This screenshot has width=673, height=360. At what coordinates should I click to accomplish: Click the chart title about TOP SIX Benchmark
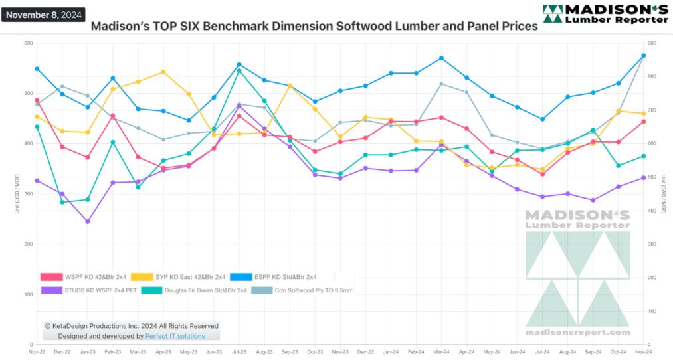(x=314, y=27)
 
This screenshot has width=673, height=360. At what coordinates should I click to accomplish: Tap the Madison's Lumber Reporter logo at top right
(x=605, y=14)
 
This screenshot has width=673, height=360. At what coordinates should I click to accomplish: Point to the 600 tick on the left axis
(x=29, y=43)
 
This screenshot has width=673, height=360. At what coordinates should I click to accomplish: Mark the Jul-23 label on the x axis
(x=239, y=352)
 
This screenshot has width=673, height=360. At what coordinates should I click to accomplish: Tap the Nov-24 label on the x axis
(x=643, y=352)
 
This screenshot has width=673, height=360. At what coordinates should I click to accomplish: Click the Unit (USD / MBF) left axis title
(x=17, y=194)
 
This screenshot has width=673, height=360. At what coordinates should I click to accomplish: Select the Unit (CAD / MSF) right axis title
(x=662, y=194)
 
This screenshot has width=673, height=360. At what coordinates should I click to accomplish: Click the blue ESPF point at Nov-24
(x=643, y=56)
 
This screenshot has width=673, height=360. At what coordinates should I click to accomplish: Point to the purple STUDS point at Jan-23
(x=88, y=221)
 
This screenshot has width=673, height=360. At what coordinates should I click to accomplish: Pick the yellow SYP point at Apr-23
(x=163, y=72)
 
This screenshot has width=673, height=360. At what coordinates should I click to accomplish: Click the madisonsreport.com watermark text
(x=577, y=331)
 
